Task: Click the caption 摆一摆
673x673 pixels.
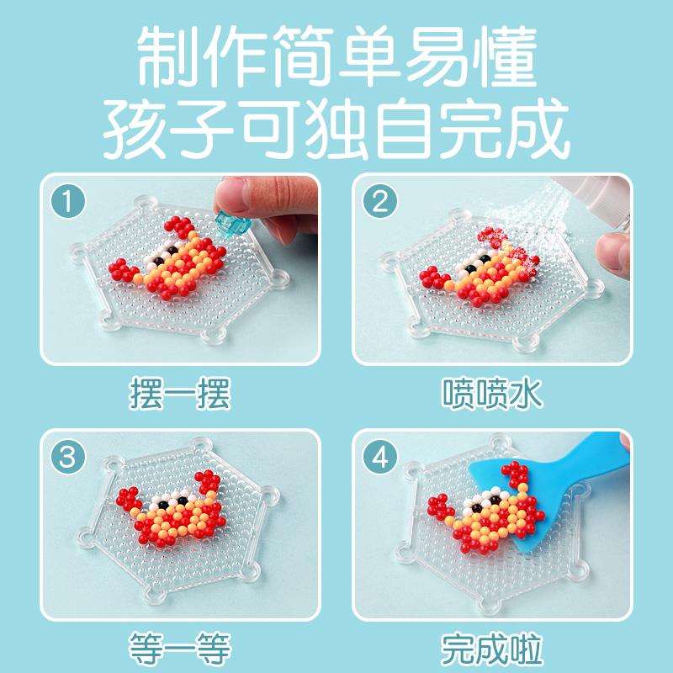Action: coord(180,392)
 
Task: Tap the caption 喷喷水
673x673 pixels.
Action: coord(492,392)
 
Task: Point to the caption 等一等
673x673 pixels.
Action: coord(180,649)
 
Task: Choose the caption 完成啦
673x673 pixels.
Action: coord(492,649)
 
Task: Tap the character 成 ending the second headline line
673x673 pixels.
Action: coord(538,129)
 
